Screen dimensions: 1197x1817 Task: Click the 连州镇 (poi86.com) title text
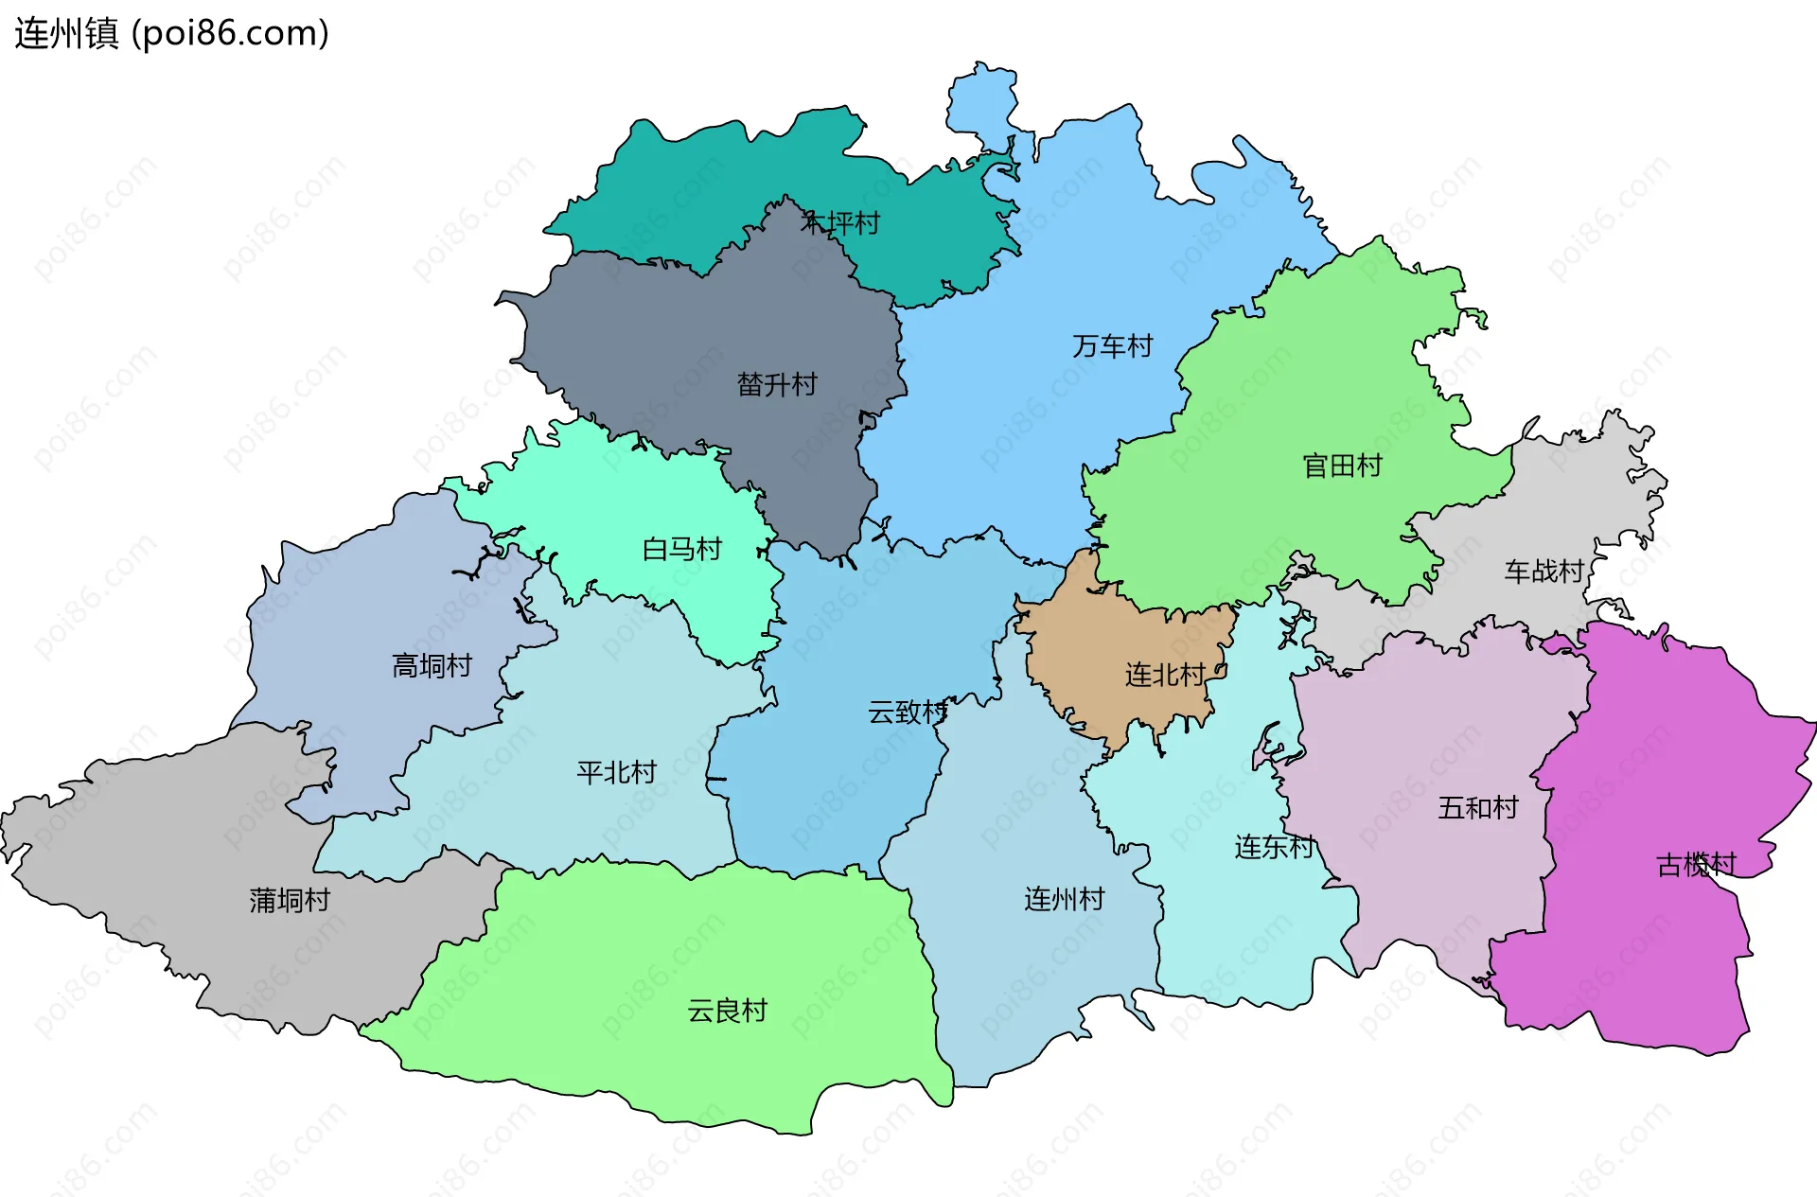pyautogui.click(x=171, y=33)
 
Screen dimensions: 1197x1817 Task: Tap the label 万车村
pyautogui.click(x=1112, y=346)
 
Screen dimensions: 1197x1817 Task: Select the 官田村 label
pyautogui.click(x=1342, y=466)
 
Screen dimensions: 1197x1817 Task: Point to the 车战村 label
pyautogui.click(x=1544, y=572)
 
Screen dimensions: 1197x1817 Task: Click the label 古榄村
pyautogui.click(x=1696, y=865)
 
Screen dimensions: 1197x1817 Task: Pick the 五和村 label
pyautogui.click(x=1477, y=808)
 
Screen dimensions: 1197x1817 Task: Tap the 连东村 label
pyautogui.click(x=1274, y=847)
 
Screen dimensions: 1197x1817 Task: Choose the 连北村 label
pyautogui.click(x=1164, y=675)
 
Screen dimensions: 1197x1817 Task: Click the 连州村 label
pyautogui.click(x=1064, y=899)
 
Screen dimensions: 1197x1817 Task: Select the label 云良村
pyautogui.click(x=727, y=1011)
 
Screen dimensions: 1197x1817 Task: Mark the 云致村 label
pyautogui.click(x=908, y=712)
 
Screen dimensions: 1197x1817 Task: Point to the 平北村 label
pyautogui.click(x=616, y=772)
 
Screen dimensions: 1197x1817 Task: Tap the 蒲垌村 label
pyautogui.click(x=290, y=900)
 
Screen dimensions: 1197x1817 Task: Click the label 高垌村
pyautogui.click(x=432, y=666)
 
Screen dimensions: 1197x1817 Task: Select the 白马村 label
pyautogui.click(x=681, y=549)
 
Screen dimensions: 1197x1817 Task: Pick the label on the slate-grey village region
pyautogui.click(x=776, y=384)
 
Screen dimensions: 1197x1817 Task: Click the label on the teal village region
pyautogui.click(x=840, y=223)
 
